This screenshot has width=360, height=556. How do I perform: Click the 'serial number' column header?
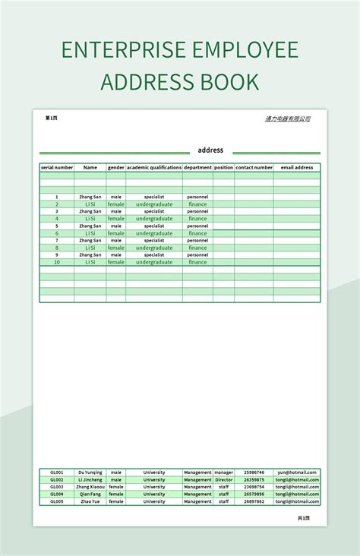[57, 167]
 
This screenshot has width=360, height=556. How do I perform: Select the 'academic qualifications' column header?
[154, 167]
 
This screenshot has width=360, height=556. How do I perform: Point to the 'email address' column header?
[297, 167]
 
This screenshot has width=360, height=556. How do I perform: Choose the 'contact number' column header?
[254, 167]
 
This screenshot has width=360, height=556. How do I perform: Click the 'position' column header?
[223, 167]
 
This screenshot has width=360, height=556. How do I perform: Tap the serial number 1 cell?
[57, 197]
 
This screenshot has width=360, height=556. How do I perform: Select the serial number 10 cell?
[57, 262]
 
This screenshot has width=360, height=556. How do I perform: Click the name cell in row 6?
[90, 233]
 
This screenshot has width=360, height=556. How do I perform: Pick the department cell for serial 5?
[197, 226]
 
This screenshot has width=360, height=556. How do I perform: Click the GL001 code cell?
[57, 472]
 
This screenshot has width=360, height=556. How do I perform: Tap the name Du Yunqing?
[90, 472]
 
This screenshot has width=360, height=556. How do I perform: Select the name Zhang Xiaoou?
[90, 487]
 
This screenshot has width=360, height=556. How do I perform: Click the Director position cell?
[223, 480]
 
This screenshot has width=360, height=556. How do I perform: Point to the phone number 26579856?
[254, 494]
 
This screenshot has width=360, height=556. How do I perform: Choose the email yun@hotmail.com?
[297, 472]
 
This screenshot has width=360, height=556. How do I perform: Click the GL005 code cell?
[57, 501]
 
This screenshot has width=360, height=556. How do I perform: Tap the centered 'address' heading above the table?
[210, 150]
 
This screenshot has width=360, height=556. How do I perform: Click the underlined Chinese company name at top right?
[287, 118]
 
